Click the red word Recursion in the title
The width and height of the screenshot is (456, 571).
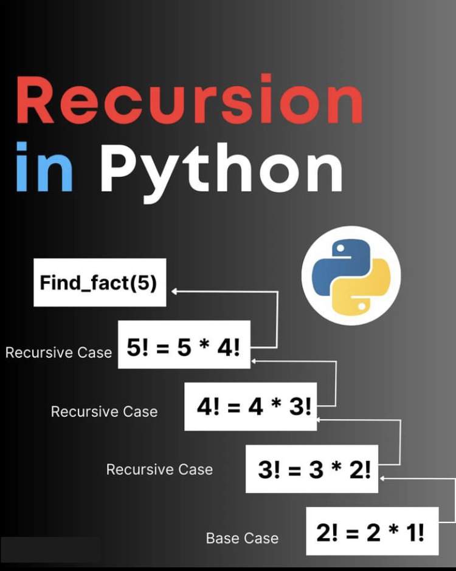pos(189,100)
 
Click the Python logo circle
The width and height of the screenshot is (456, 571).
pos(351,275)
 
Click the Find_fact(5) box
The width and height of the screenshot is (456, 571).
pos(98,282)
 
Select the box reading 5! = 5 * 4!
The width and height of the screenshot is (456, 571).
pos(184,348)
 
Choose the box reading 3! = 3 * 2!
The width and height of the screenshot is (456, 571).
pos(312,469)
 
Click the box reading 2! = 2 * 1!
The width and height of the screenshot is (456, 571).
pos(371,532)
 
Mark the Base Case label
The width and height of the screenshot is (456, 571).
pos(242,538)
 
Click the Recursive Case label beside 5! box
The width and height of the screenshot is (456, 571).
pos(58,352)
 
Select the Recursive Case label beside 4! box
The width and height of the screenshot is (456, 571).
pos(104,411)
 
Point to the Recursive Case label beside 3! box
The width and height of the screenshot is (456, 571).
pos(159,469)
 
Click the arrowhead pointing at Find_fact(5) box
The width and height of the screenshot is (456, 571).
pos(174,292)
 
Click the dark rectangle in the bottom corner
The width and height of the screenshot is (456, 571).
pos(50,550)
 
